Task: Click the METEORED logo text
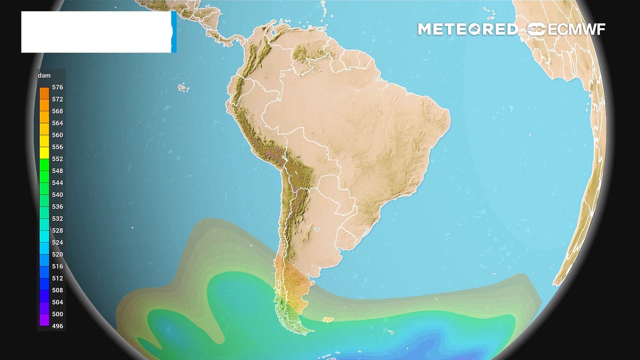coord(467,29)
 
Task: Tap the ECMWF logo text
coord(576,29)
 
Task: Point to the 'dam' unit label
coord(44,75)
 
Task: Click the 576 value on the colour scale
coord(57,87)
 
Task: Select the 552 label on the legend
coord(57,159)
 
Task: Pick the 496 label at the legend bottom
coord(57,326)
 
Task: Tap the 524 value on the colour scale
coord(57,242)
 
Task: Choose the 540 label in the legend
coord(57,194)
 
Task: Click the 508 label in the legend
coord(57,290)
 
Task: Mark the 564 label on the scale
coord(57,123)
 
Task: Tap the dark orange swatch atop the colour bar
coord(44,92)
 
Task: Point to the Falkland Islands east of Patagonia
coord(328,319)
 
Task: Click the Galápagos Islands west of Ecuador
coord(183,88)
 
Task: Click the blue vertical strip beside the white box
coord(173,32)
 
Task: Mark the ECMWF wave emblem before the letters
coord(536,29)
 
